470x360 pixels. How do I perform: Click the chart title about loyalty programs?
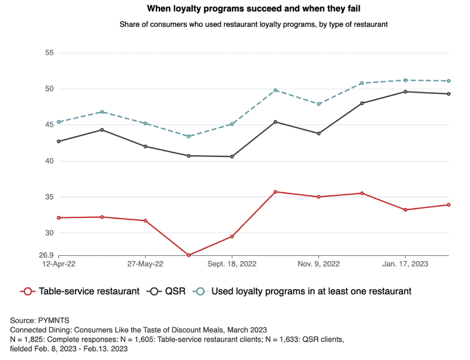pyautogui.click(x=234, y=10)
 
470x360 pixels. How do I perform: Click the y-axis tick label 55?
pyautogui.click(x=49, y=53)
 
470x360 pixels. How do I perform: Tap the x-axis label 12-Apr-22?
pyautogui.click(x=58, y=264)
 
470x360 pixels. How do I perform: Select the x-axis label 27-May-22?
pyautogui.click(x=145, y=264)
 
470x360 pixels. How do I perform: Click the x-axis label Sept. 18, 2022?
pyautogui.click(x=232, y=264)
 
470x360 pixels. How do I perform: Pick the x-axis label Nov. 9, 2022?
pyautogui.click(x=319, y=264)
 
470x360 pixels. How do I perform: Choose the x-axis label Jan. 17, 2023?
pyautogui.click(x=406, y=264)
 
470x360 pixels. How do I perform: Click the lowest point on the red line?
pyautogui.click(x=189, y=255)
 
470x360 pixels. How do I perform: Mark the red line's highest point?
pyautogui.click(x=275, y=192)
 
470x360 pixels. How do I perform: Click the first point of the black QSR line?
pyautogui.click(x=59, y=141)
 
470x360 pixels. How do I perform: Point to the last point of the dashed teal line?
pyautogui.click(x=449, y=81)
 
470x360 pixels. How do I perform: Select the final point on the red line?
pyautogui.click(x=449, y=205)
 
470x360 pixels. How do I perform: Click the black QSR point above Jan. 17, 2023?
pyautogui.click(x=406, y=92)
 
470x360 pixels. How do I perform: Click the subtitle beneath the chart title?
pyautogui.click(x=234, y=24)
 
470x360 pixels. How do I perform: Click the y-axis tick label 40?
pyautogui.click(x=49, y=161)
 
